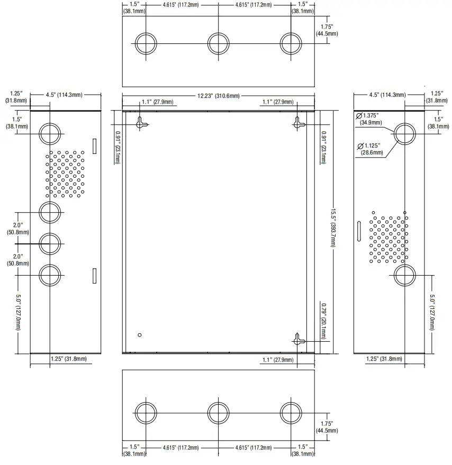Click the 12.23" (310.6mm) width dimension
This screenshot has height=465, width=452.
pos(219,96)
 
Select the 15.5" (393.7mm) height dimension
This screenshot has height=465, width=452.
pos(333,228)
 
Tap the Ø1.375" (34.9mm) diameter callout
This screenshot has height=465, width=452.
pos(369,119)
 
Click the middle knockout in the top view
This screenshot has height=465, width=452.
pos(219,43)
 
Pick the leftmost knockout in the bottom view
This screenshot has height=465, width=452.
pos(146,413)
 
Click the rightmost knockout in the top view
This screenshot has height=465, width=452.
pos(291,43)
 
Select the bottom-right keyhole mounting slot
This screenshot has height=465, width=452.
pos(299,340)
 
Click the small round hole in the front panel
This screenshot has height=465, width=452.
pos(140,335)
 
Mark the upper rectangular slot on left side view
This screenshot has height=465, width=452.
pos(94,146)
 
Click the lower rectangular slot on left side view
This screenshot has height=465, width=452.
pos(94,276)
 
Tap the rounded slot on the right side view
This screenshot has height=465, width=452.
pos(359,231)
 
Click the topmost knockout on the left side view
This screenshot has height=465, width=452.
pos(50,134)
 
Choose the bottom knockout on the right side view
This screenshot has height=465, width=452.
pos(404,275)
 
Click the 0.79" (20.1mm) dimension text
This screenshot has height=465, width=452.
pos(323,321)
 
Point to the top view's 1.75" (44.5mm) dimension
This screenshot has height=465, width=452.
pos(327,30)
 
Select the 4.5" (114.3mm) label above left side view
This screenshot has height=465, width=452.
pos(64,95)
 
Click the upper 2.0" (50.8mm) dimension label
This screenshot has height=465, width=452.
pos(18,229)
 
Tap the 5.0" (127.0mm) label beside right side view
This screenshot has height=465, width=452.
pos(432,312)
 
